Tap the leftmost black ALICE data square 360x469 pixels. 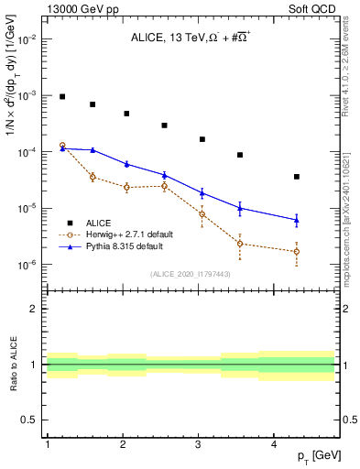click(x=62, y=96)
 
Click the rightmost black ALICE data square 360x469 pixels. click(x=297, y=177)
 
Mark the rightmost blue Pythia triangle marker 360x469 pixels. click(x=297, y=220)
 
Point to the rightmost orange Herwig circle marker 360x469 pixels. click(x=297, y=251)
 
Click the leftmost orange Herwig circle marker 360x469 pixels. click(x=62, y=146)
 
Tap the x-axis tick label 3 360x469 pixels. click(x=199, y=443)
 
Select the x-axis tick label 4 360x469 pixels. click(x=274, y=443)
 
